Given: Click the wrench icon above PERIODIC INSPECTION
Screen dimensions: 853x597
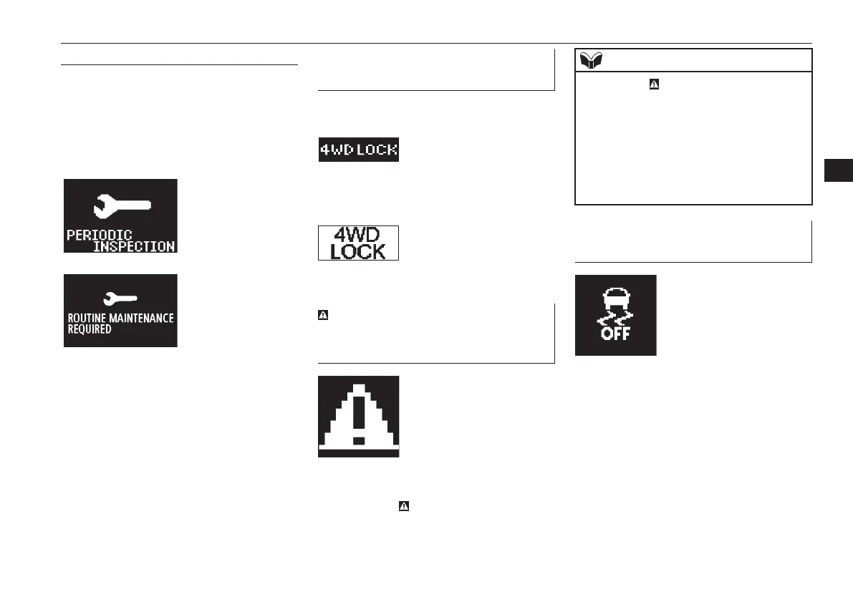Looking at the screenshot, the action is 122,206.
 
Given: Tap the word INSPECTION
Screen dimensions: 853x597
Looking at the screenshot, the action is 135,246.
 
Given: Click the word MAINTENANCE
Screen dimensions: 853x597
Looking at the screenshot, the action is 140,318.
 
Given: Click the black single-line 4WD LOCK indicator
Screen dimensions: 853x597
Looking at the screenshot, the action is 359,150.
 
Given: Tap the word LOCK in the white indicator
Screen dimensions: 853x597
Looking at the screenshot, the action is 359,251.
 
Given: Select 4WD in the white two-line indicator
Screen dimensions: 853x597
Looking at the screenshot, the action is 359,236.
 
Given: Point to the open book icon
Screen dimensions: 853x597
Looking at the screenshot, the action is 589,60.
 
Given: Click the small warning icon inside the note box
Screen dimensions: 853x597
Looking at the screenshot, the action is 653,84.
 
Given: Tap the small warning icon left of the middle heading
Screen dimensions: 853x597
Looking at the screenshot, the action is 322,314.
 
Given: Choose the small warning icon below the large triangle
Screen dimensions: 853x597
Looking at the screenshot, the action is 403,506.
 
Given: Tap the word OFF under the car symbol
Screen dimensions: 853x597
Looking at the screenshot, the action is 616,334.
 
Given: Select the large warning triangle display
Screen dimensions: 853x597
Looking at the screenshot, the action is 359,417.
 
